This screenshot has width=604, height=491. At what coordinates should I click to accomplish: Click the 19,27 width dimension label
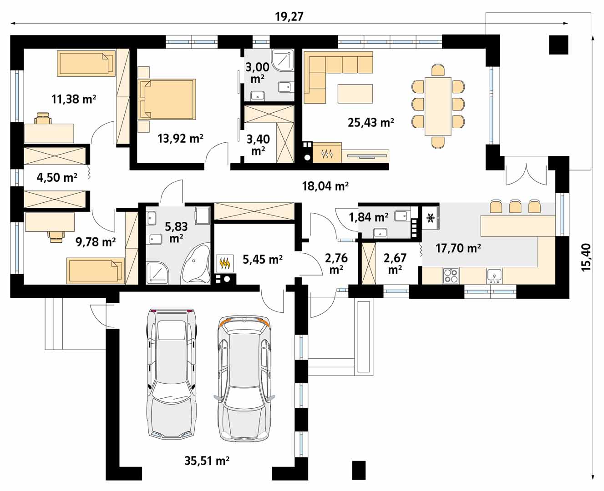(289, 17)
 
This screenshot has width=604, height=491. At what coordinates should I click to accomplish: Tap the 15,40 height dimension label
(586, 257)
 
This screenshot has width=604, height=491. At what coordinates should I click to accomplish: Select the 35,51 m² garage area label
(207, 461)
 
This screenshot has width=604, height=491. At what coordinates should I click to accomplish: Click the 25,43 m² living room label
(371, 122)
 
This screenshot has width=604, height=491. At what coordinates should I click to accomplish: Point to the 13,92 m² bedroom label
(180, 139)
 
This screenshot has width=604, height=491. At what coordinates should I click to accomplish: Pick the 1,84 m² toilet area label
(369, 217)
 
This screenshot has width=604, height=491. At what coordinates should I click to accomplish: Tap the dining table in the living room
(438, 106)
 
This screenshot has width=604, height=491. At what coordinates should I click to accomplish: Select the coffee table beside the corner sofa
(355, 94)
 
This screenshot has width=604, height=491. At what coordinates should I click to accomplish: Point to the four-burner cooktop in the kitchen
(451, 276)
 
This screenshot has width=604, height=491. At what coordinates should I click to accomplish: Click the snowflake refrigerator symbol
(431, 218)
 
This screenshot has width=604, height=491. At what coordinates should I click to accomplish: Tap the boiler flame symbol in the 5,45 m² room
(225, 263)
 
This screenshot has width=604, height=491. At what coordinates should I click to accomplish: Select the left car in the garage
(171, 373)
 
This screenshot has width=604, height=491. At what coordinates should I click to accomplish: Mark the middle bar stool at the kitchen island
(515, 206)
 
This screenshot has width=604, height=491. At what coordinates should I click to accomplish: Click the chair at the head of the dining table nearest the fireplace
(438, 143)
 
